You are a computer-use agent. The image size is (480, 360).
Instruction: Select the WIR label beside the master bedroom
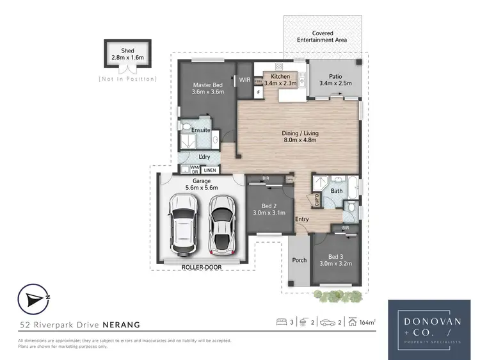point(244,80)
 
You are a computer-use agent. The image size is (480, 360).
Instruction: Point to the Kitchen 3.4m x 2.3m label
point(280,79)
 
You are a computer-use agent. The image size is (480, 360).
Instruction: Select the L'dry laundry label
point(204,156)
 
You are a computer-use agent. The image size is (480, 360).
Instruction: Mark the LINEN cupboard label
point(210,170)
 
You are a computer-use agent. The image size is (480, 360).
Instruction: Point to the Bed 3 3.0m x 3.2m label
point(336,259)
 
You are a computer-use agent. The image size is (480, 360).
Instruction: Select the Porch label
point(299,260)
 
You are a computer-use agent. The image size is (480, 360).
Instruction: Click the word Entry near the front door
point(302,220)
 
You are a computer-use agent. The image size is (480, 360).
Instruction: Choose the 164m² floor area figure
point(367,323)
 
